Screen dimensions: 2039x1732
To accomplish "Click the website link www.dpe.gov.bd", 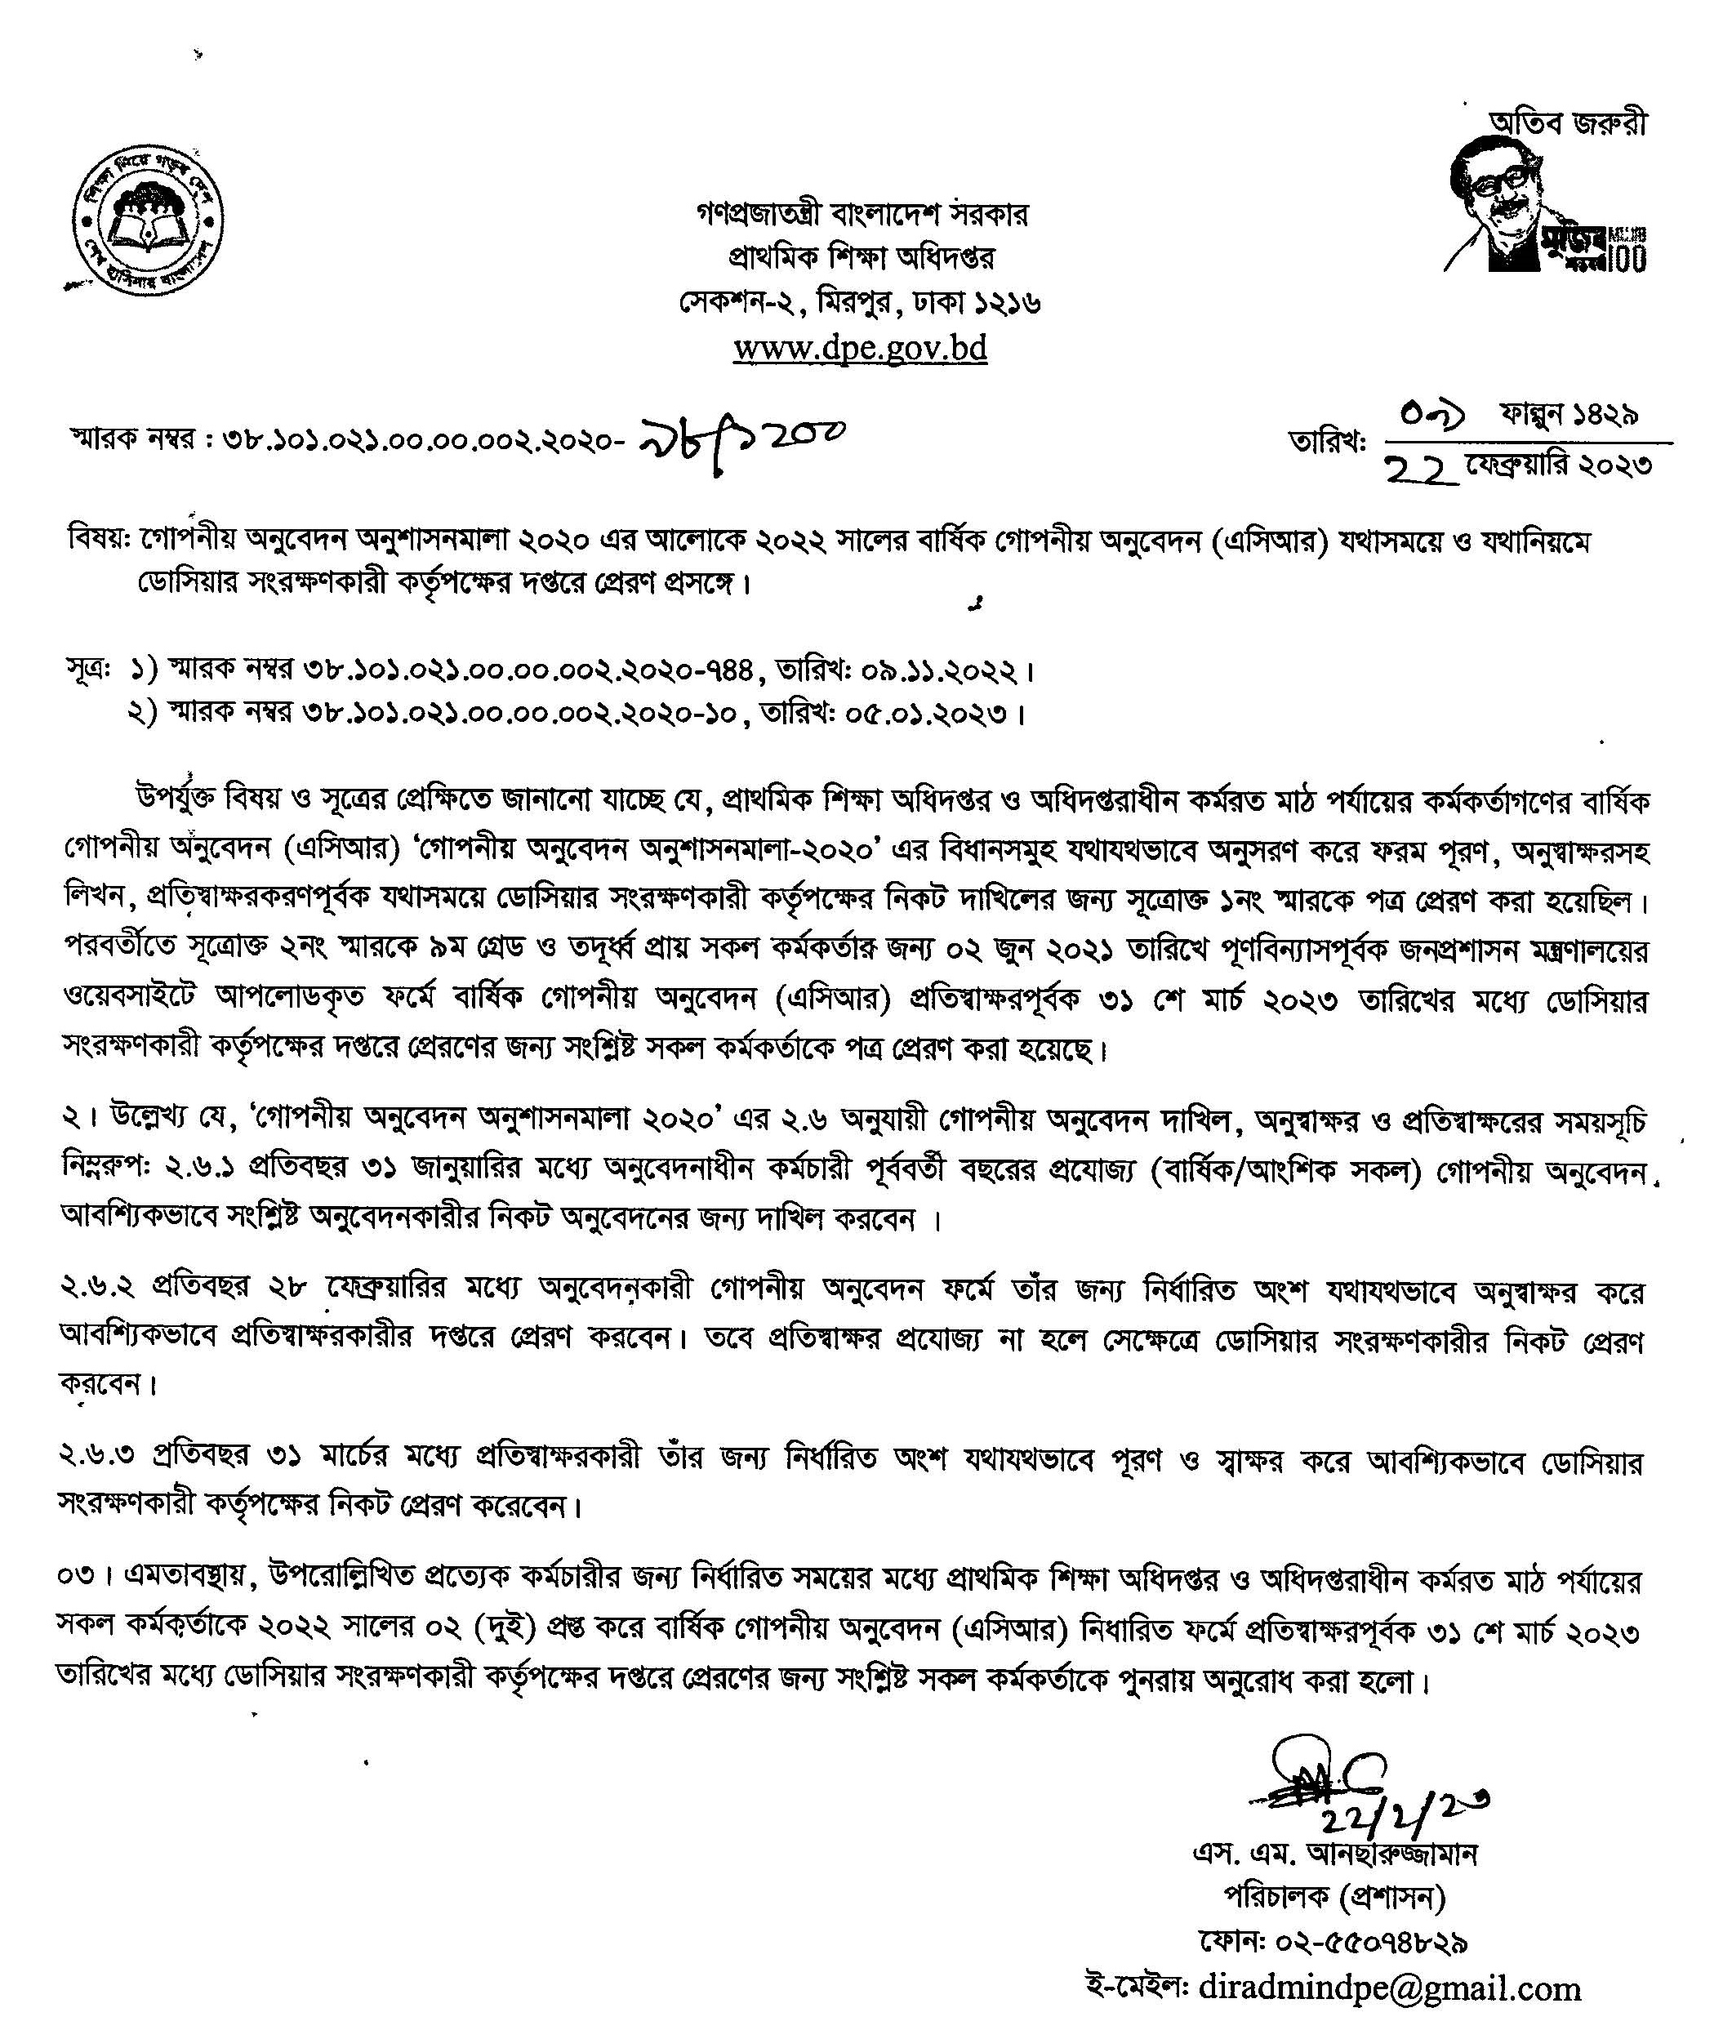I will coord(860,349).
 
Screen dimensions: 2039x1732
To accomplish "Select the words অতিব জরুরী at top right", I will coord(1568,122).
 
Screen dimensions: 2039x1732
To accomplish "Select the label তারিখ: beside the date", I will coord(1328,443).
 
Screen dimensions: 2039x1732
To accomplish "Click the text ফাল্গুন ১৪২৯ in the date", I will coord(1568,417).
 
